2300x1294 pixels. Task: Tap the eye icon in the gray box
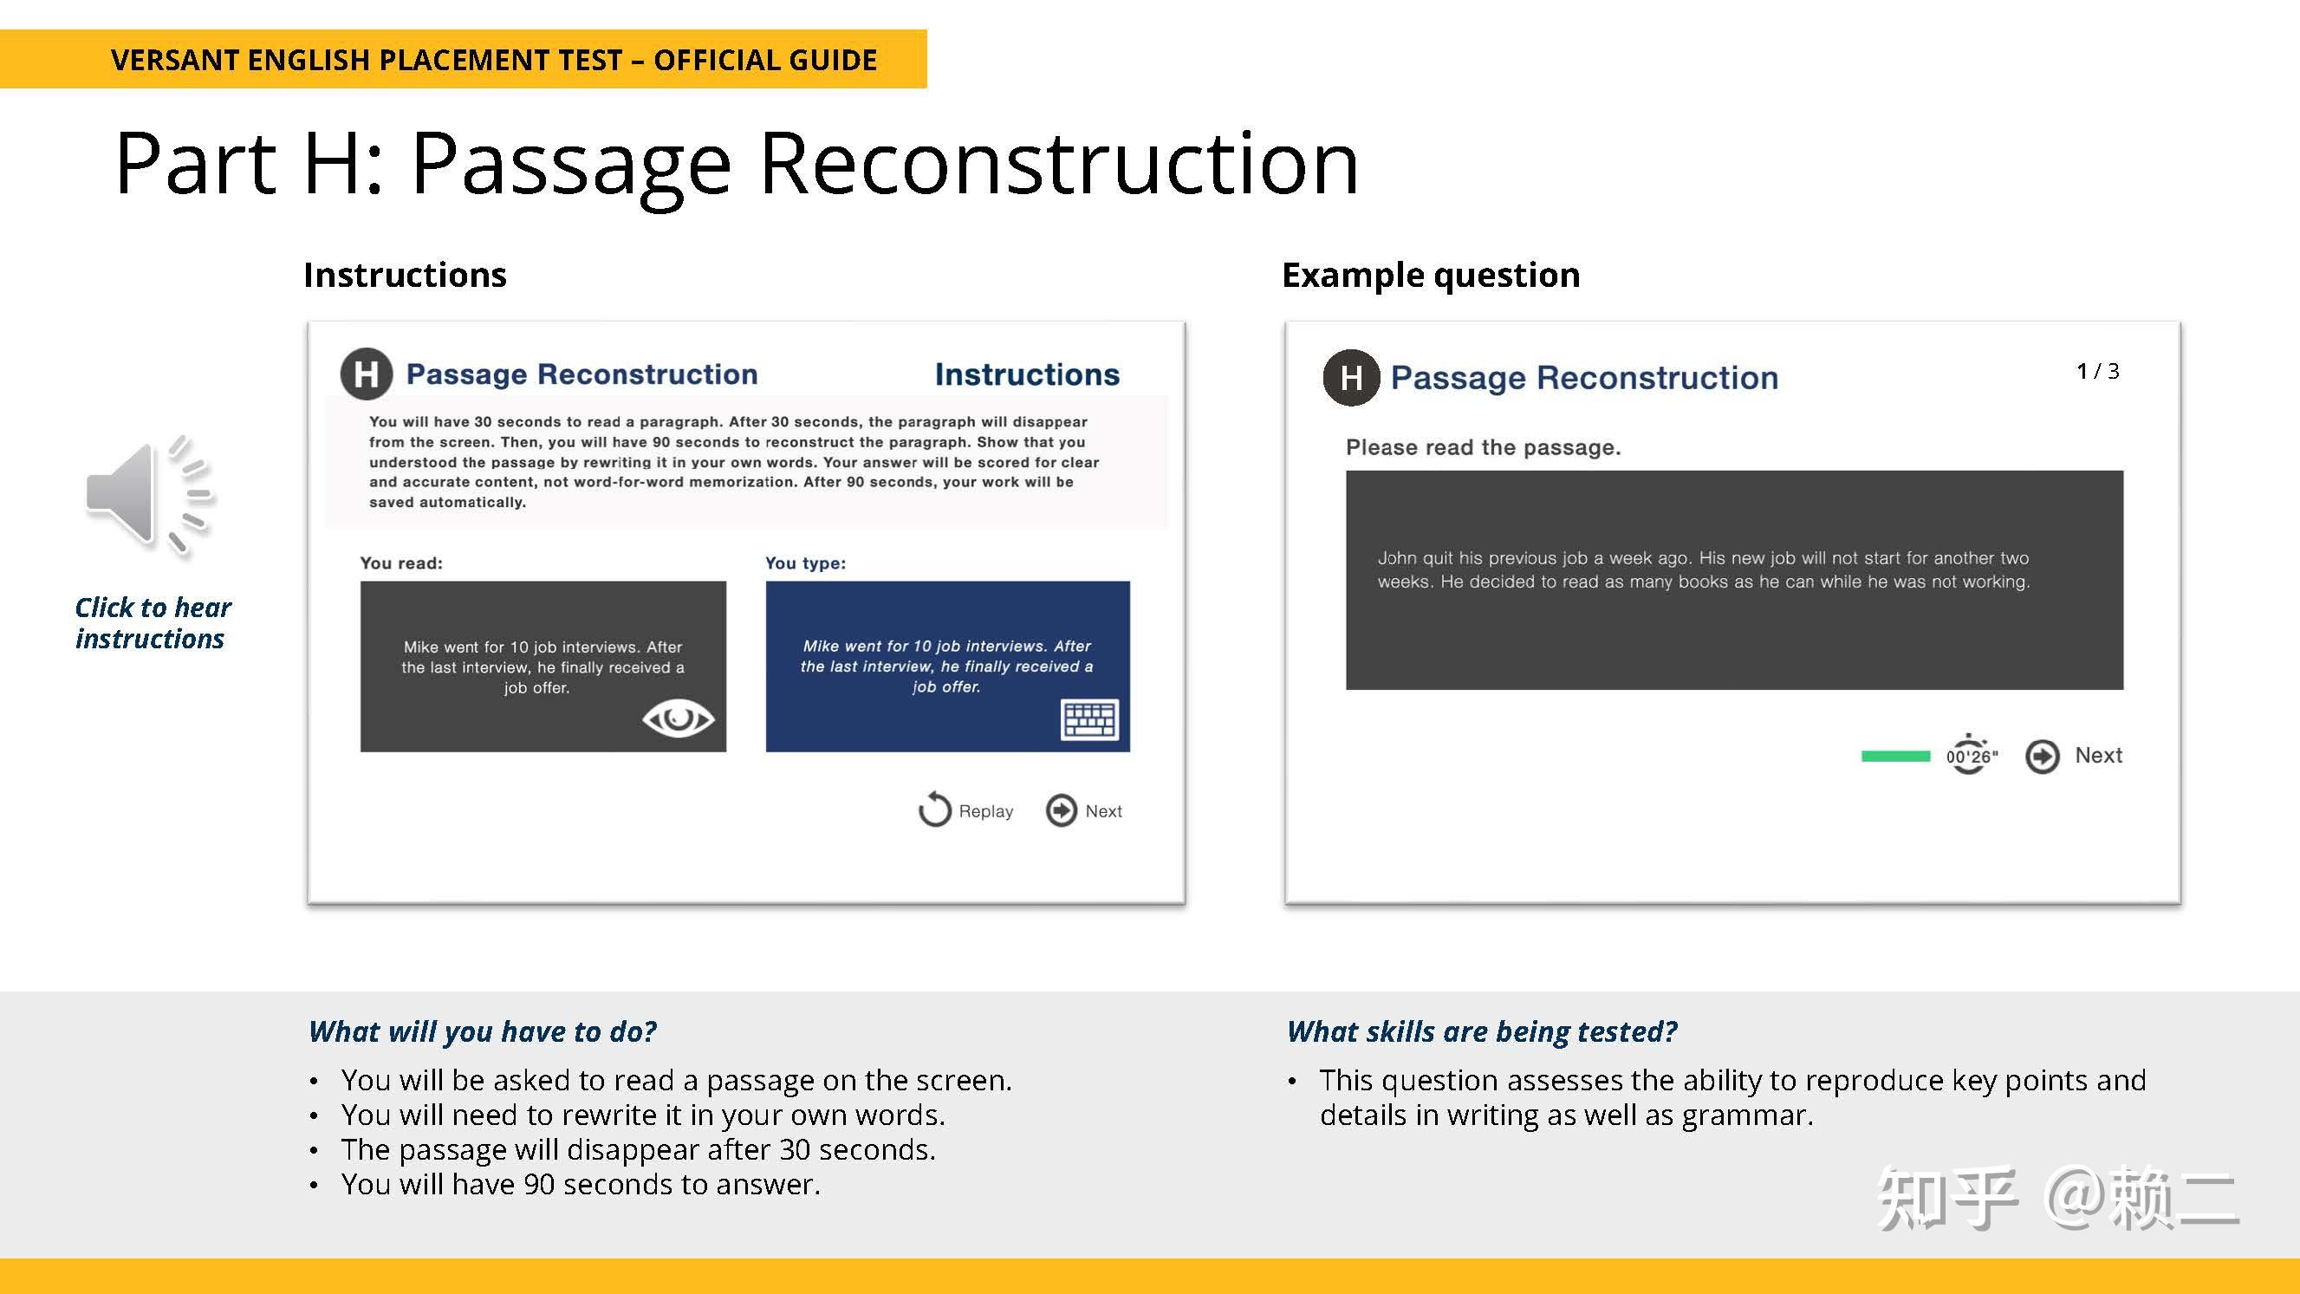[x=678, y=718]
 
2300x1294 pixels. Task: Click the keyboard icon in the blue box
[x=1089, y=719]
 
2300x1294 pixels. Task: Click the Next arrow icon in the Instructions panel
[x=1062, y=811]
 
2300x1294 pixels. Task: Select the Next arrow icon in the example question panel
[x=2042, y=757]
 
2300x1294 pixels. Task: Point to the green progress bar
[x=1895, y=757]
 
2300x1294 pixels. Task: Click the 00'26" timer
[x=1972, y=756]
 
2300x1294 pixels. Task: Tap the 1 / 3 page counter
[x=2097, y=371]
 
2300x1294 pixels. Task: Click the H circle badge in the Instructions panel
[x=366, y=374]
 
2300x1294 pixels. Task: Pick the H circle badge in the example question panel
[x=1351, y=378]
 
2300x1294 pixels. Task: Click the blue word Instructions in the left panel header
[x=1027, y=374]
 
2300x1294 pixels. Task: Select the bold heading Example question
[x=1431, y=275]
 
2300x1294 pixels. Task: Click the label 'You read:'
[x=401, y=563]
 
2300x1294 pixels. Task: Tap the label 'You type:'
[x=805, y=563]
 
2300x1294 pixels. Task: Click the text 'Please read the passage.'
[x=1483, y=447]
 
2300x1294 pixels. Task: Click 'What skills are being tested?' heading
[x=1481, y=1032]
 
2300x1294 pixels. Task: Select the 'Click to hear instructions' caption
[x=152, y=623]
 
